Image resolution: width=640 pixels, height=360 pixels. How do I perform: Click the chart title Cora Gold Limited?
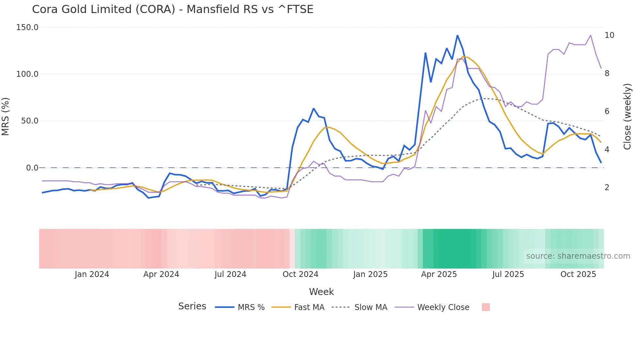point(172,9)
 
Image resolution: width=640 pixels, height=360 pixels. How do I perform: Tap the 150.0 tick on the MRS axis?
point(27,27)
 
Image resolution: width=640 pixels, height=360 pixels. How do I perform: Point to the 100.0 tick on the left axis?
point(27,74)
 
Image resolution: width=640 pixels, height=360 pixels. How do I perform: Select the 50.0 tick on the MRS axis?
point(30,121)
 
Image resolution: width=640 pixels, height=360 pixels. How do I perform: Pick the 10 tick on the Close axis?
point(609,35)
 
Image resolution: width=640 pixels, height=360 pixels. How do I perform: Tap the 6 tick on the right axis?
point(607,111)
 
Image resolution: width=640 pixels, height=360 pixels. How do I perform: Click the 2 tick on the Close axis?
point(607,188)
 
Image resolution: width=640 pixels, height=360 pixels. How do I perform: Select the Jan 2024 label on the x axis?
point(92,274)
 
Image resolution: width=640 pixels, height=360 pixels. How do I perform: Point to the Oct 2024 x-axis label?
point(300,274)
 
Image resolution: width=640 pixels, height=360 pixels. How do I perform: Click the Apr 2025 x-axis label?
point(439,274)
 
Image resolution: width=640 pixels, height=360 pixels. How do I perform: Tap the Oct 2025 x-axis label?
point(578,274)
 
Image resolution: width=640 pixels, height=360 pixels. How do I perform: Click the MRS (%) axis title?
point(6,116)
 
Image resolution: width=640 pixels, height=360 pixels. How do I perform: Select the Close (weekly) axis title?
point(627,116)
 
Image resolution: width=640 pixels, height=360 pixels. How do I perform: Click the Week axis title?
point(321,292)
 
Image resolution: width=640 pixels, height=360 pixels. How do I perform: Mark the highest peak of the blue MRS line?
point(457,35)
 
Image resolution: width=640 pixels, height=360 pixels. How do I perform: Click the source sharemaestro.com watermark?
point(578,256)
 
